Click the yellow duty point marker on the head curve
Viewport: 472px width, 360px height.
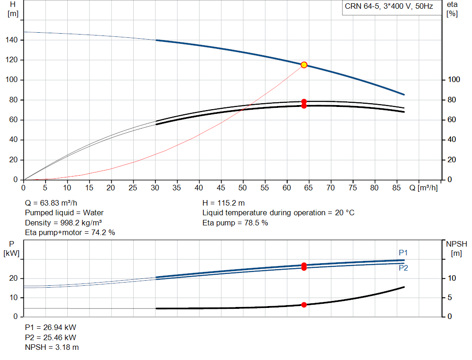click(x=304, y=65)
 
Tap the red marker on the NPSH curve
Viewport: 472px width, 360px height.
click(x=304, y=305)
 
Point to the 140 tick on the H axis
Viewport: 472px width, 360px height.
click(x=12, y=40)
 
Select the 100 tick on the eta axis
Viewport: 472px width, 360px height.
click(x=454, y=79)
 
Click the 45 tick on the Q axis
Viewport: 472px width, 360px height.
click(x=221, y=188)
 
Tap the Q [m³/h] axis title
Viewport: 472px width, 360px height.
click(x=424, y=188)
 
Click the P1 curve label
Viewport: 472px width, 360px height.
click(x=403, y=253)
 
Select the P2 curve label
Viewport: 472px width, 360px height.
click(x=403, y=268)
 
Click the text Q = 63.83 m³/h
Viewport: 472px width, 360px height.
click(x=51, y=203)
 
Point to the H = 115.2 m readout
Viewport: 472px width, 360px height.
click(x=224, y=203)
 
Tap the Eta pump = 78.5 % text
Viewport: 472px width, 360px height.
click(x=235, y=223)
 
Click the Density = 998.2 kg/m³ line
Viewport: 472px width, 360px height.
click(x=63, y=223)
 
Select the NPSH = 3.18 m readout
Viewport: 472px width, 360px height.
click(x=52, y=348)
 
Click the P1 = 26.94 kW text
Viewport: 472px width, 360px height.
click(x=51, y=327)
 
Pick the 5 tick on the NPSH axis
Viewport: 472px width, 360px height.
click(x=450, y=297)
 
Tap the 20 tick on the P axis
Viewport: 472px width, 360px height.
click(x=13, y=278)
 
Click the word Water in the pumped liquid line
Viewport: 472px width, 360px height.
click(x=93, y=213)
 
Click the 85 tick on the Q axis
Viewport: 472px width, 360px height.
click(x=396, y=188)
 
